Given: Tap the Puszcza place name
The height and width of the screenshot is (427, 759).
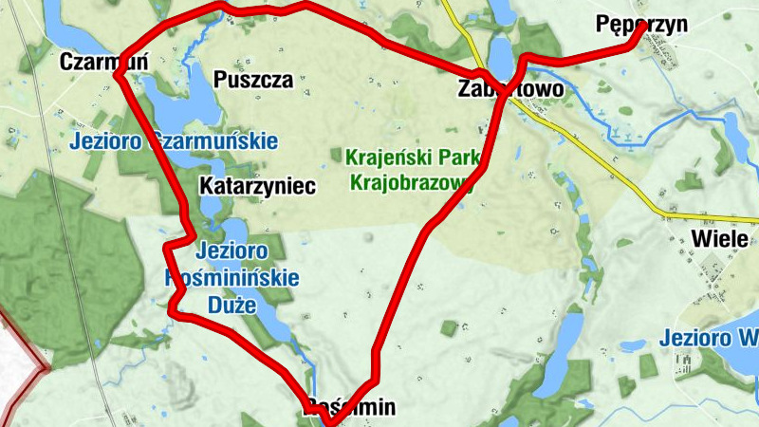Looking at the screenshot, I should tap(253, 79).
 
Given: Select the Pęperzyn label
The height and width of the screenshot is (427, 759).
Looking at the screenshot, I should tap(641, 25).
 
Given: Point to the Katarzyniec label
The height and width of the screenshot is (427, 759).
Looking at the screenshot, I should tap(257, 186).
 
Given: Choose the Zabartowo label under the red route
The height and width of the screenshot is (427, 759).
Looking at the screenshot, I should tap(510, 89).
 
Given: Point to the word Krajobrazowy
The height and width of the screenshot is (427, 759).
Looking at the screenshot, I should tap(412, 181).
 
